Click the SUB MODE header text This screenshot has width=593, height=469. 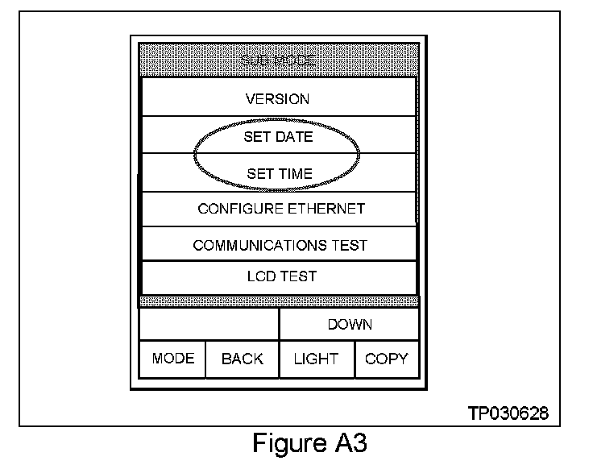pos(277,61)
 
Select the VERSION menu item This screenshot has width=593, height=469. pos(277,100)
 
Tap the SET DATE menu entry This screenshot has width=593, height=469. pos(278,137)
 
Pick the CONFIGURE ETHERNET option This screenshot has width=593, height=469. pos(281,209)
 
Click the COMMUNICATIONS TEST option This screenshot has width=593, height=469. pos(280,245)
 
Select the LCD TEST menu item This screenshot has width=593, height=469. pos(281,276)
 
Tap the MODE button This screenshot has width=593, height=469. pos(173,359)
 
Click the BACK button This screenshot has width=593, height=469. pos(243,359)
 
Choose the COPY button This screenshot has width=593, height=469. pos(387,359)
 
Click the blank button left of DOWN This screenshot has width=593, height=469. pos(209,325)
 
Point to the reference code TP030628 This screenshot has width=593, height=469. pos(508,413)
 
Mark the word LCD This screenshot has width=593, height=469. pos(260,276)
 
